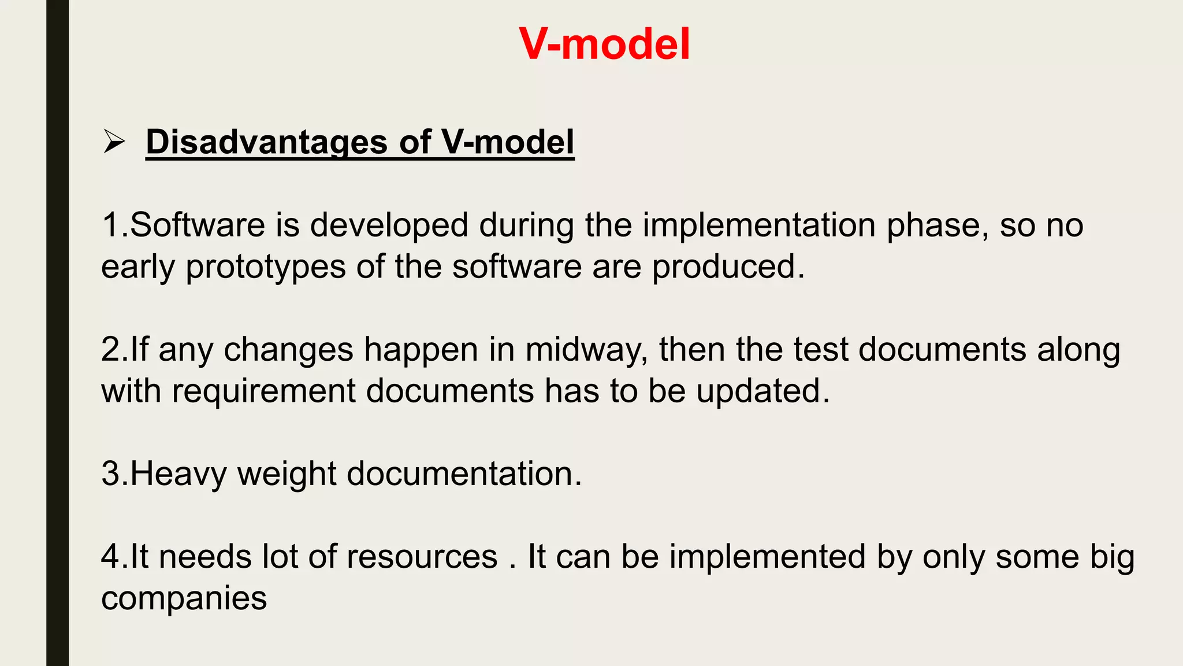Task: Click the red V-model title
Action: click(604, 44)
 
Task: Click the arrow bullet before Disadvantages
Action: click(114, 142)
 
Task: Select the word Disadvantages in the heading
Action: click(266, 142)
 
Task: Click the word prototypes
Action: click(265, 267)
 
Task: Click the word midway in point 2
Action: click(586, 350)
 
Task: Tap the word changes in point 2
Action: click(288, 350)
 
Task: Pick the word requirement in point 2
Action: click(263, 391)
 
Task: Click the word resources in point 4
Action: click(422, 557)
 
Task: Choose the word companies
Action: click(184, 599)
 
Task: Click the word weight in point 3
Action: click(287, 474)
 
